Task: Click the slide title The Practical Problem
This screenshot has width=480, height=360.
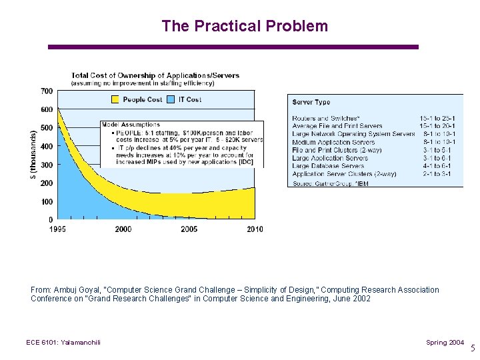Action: click(x=245, y=26)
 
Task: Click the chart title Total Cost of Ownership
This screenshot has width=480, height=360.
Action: click(x=155, y=76)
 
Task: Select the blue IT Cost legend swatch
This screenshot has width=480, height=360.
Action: click(x=171, y=99)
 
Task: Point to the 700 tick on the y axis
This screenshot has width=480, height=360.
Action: click(x=47, y=91)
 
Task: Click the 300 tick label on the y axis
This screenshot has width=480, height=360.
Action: click(x=47, y=165)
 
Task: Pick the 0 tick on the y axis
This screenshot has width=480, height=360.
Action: click(x=51, y=219)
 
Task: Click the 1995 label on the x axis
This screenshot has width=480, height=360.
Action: click(x=57, y=229)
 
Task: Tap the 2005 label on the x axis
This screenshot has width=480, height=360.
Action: click(x=189, y=229)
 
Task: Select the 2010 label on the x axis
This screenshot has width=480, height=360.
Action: click(x=255, y=229)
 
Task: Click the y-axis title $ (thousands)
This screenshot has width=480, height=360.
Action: click(x=34, y=155)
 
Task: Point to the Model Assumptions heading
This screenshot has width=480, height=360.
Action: click(x=131, y=125)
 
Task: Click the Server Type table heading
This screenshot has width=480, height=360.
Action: click(x=311, y=102)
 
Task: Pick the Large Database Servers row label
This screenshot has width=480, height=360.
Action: click(x=328, y=166)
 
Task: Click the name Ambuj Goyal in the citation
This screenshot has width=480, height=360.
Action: click(x=74, y=290)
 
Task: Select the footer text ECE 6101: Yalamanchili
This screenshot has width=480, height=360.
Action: click(x=63, y=343)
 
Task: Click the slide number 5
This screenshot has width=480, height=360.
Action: click(x=473, y=348)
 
